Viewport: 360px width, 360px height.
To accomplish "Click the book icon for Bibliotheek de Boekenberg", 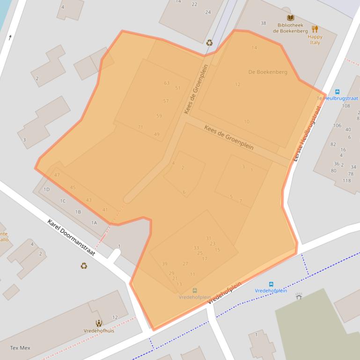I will (291, 18).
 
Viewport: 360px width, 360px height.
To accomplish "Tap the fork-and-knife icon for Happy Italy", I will (315, 29).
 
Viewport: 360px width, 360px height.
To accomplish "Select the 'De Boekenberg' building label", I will (267, 72).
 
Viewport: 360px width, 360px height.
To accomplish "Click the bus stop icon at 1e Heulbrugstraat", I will (337, 92).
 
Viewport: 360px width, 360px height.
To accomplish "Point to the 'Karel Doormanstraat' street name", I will (71, 238).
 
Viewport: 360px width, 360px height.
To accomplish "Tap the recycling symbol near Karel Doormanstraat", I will (83, 266).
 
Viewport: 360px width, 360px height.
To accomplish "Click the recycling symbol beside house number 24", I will (209, 43).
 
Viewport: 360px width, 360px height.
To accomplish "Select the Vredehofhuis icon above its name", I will (98, 323).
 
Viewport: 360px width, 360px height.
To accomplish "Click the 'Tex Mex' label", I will (20, 348).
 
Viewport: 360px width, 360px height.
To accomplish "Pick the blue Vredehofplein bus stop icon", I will (271, 284).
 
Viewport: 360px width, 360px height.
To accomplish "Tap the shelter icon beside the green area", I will (299, 296).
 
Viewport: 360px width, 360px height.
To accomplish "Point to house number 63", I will (167, 83).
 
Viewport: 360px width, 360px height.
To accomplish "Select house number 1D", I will (46, 189).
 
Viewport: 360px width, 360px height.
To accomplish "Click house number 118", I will (346, 180).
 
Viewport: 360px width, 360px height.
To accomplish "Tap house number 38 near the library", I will (263, 23).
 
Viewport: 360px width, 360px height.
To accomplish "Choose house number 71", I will (140, 127).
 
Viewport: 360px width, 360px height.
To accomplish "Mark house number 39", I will (164, 264).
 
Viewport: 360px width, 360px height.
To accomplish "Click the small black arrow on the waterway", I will (9, 37).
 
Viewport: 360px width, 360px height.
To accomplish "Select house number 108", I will (346, 106).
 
